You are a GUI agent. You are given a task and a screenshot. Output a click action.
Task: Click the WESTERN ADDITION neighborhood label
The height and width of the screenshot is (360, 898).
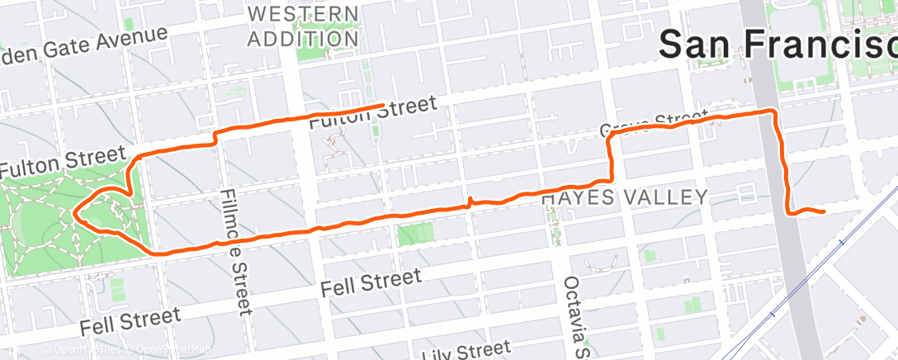pos(304,26)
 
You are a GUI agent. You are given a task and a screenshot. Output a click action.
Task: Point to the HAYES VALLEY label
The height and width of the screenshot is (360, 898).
pos(625,197)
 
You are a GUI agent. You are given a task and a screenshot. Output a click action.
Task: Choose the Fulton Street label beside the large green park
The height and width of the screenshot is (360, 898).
pos(61,161)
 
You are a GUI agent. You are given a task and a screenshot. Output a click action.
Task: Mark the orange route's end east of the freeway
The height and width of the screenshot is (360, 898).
pos(824,212)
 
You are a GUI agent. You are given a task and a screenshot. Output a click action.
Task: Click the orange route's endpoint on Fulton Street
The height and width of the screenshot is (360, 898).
pos(383,106)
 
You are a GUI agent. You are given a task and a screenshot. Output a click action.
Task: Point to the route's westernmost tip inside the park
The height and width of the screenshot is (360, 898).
pos(74,212)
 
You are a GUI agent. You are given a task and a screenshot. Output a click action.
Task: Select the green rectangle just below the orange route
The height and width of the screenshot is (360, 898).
pos(415,235)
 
